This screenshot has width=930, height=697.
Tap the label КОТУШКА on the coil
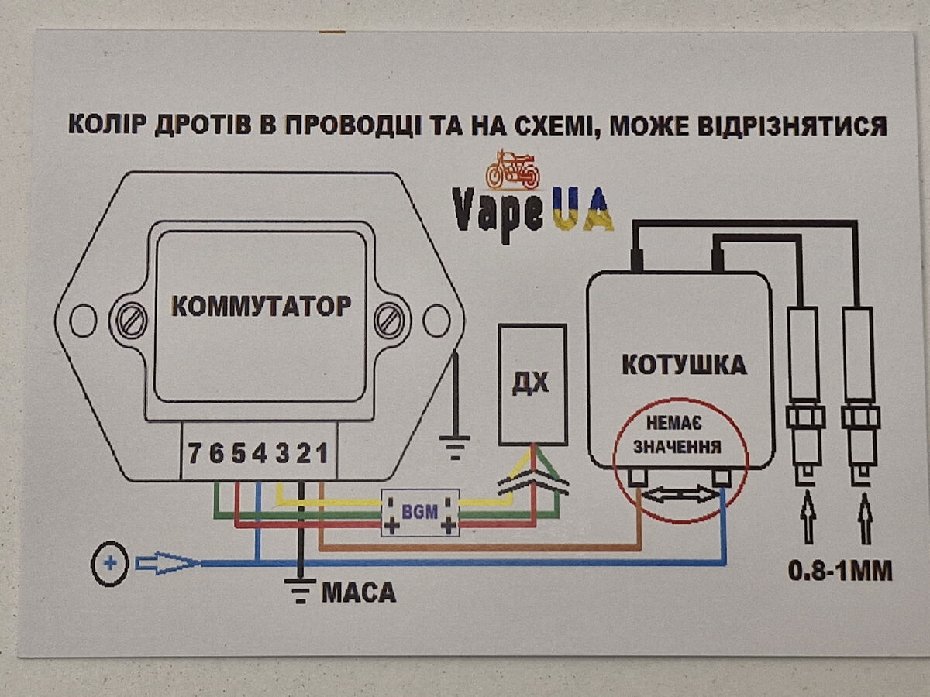click(684, 364)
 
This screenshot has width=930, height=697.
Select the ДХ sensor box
click(532, 383)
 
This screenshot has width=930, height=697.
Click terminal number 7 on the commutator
click(196, 453)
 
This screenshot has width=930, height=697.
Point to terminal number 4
click(260, 453)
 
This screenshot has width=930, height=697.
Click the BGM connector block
click(419, 513)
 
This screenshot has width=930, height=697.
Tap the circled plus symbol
click(109, 564)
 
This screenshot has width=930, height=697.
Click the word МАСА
click(358, 593)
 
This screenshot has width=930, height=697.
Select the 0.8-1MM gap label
click(839, 572)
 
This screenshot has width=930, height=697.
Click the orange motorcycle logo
click(511, 169)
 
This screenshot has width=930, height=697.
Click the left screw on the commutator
click(132, 320)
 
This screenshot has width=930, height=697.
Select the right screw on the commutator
click(389, 320)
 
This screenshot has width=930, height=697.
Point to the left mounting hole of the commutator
click(82, 320)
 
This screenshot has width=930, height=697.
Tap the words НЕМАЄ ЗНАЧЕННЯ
click(676, 435)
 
